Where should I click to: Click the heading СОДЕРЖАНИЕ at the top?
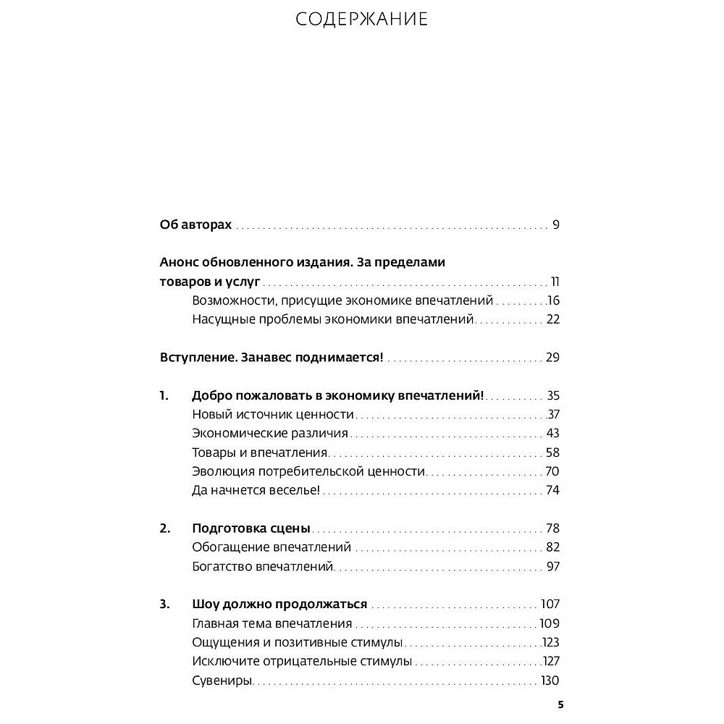tap(362, 20)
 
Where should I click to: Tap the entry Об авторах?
tap(195, 224)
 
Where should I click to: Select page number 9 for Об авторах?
tap(556, 224)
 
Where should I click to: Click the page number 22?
tap(554, 319)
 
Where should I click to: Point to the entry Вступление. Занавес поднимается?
tap(271, 358)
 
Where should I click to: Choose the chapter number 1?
tap(164, 396)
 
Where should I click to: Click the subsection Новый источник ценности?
tap(273, 415)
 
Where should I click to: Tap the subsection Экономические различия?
tap(270, 434)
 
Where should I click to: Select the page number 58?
tap(553, 452)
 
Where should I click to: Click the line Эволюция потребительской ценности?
tap(308, 471)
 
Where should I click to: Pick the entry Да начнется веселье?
tap(256, 490)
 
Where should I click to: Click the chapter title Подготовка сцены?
tap(251, 528)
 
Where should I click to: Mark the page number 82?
tap(553, 547)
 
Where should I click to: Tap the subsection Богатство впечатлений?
tap(263, 565)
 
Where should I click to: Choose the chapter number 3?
tap(164, 604)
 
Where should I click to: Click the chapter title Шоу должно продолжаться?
tap(279, 604)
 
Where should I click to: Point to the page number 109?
tap(550, 623)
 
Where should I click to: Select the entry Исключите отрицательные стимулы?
tap(302, 660)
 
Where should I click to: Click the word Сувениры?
tap(222, 680)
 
